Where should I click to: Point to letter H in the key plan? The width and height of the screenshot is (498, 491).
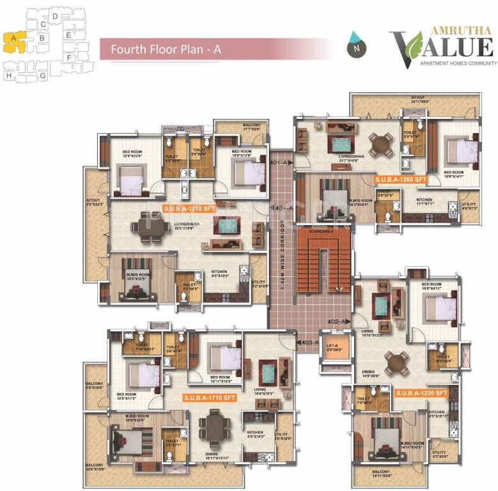click(x=9, y=75)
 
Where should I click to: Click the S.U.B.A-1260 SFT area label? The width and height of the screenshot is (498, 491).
click(x=401, y=180)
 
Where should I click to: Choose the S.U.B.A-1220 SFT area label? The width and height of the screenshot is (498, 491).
click(x=421, y=392)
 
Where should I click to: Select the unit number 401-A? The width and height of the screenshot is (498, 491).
click(x=279, y=164)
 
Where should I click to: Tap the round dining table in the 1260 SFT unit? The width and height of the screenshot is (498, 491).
click(x=381, y=144)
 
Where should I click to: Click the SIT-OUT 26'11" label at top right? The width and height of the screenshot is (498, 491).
click(x=419, y=99)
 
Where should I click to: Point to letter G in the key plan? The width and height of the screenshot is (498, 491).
click(x=42, y=75)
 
